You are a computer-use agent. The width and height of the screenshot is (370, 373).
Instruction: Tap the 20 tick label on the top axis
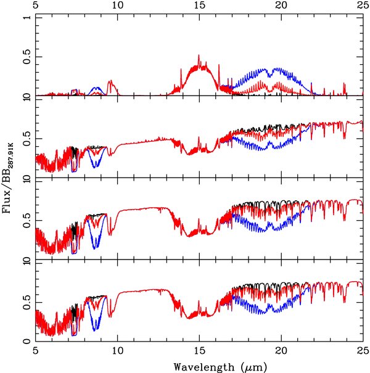pyautogui.click(x=281, y=6)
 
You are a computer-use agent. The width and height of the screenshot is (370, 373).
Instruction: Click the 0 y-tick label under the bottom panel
pyautogui.click(x=25, y=341)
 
